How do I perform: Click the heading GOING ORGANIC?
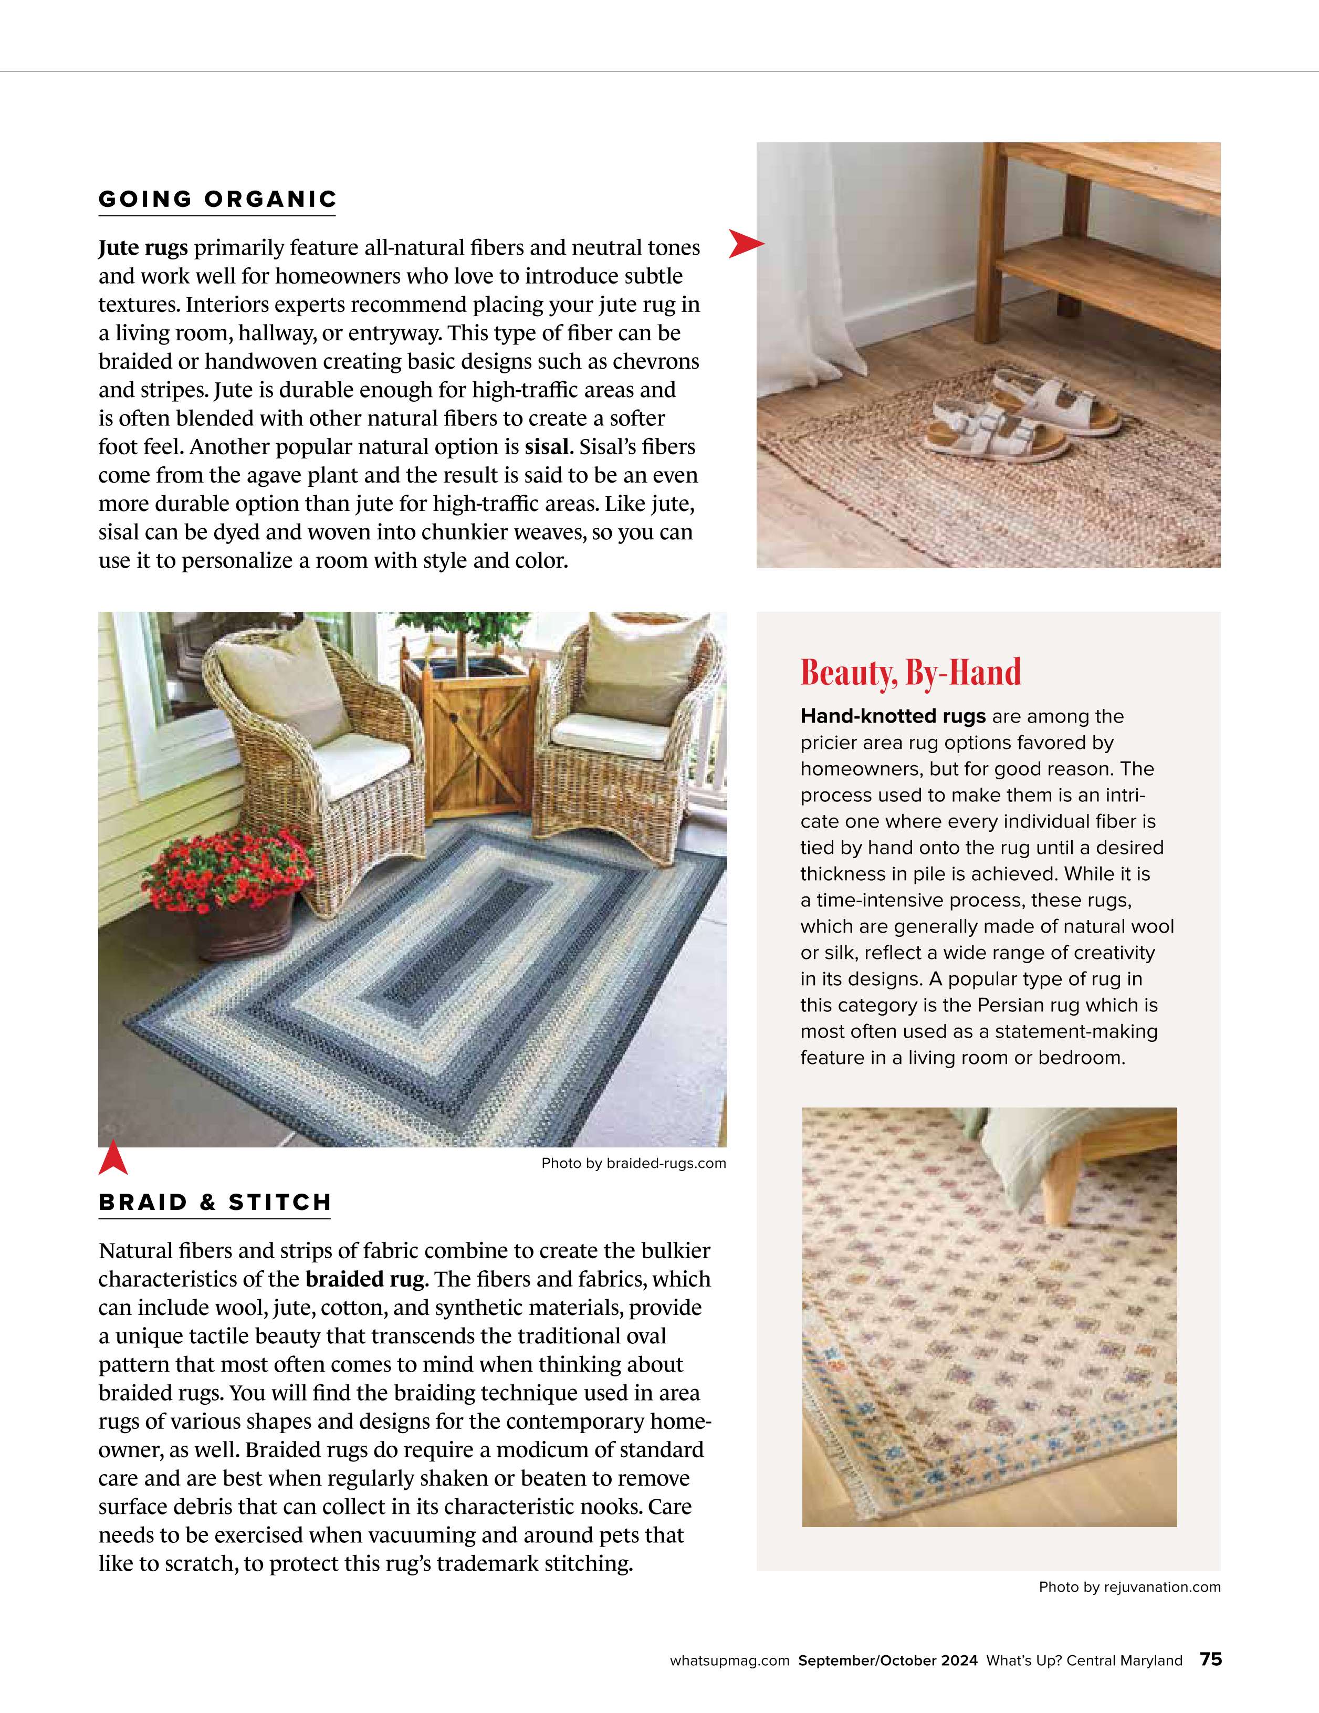click(x=217, y=199)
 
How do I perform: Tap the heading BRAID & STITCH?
click(x=215, y=1203)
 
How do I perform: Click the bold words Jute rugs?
click(x=143, y=248)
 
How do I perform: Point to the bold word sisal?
click(x=547, y=447)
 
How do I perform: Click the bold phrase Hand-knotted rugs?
click(x=893, y=716)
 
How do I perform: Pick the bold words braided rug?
click(x=364, y=1279)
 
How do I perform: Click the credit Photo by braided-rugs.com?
click(x=634, y=1163)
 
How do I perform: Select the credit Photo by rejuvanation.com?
click(x=1129, y=1587)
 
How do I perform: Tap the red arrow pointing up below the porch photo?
click(x=113, y=1158)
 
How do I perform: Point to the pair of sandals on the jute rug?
click(x=1019, y=416)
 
